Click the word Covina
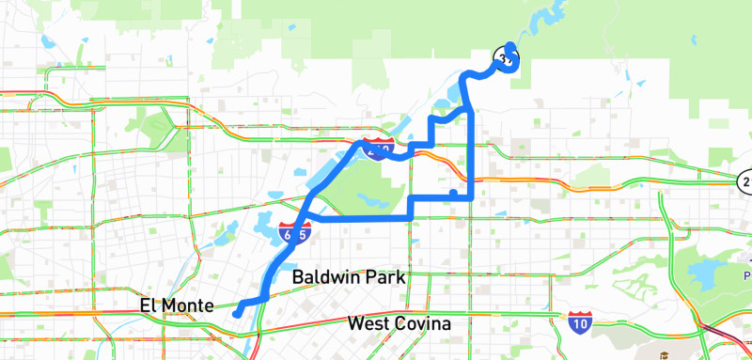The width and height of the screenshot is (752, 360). click(425, 324)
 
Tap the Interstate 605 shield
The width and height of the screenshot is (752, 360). click(292, 233)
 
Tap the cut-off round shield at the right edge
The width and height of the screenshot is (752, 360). click(745, 180)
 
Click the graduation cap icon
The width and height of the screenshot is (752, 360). click(664, 355)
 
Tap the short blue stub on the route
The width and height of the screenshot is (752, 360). click(453, 193)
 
